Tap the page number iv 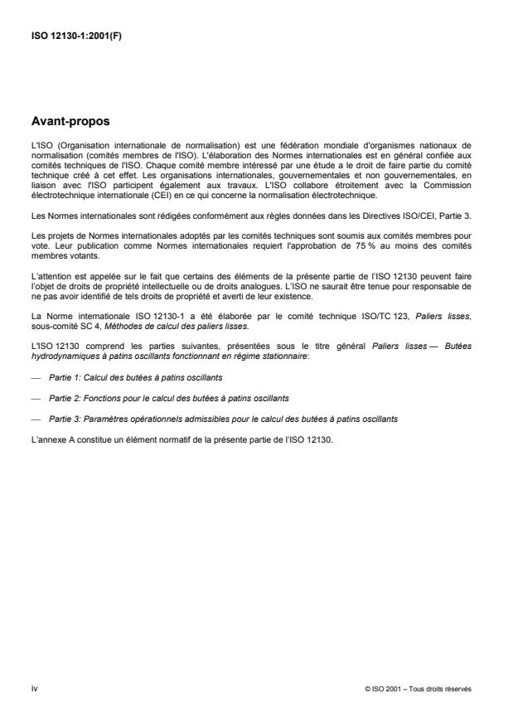click(x=34, y=686)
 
